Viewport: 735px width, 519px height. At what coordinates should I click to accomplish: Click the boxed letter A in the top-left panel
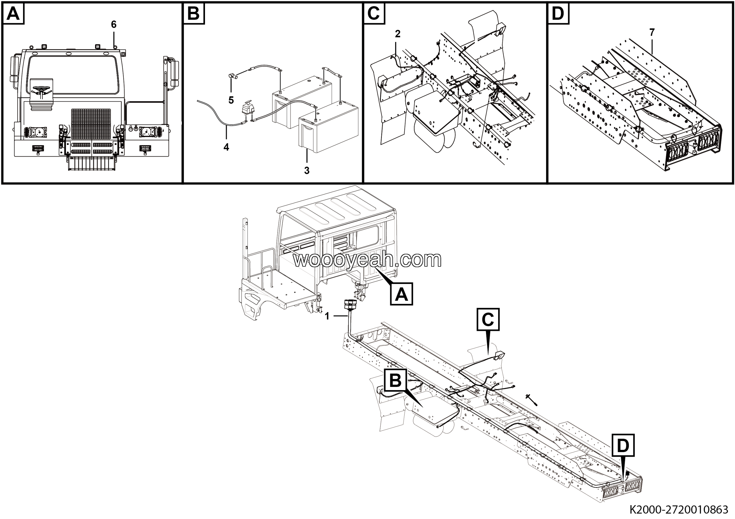[x=13, y=14]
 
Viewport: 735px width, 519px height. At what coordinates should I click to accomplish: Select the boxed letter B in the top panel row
[x=194, y=14]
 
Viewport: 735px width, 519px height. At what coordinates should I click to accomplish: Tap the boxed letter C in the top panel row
[x=374, y=14]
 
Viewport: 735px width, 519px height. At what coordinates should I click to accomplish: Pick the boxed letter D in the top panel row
[x=558, y=14]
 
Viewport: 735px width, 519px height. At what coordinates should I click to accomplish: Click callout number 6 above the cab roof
[x=114, y=24]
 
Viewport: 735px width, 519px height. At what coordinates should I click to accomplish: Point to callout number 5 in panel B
[x=231, y=100]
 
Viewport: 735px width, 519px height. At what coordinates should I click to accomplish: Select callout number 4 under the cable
[x=226, y=147]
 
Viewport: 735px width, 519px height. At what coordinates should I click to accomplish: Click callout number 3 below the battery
[x=307, y=171]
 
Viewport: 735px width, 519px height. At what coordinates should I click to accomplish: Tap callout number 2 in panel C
[x=398, y=34]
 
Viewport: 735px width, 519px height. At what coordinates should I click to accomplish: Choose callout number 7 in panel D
[x=652, y=32]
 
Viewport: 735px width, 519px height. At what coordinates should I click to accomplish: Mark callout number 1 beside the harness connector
[x=327, y=316]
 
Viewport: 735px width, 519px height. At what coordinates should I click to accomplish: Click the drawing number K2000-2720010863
[x=678, y=510]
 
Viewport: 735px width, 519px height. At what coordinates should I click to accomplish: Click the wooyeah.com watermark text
[x=367, y=260]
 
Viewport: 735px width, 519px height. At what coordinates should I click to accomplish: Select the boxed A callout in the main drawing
[x=401, y=294]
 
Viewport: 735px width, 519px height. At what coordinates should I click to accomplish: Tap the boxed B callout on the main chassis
[x=395, y=380]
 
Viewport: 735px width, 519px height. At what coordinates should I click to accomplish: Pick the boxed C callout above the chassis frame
[x=488, y=319]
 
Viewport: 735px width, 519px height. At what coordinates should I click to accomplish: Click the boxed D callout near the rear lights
[x=623, y=445]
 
